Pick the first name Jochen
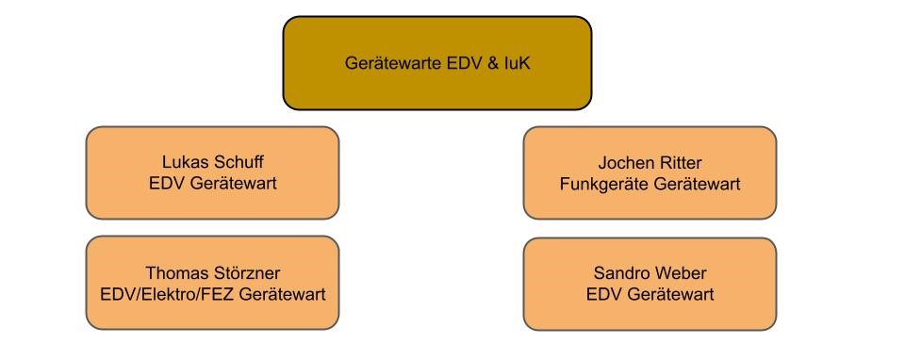(x=623, y=163)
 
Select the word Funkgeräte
(x=601, y=184)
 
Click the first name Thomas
(x=174, y=274)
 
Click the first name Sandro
(x=619, y=274)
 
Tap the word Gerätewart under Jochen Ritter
(x=696, y=184)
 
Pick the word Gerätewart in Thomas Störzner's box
(x=283, y=295)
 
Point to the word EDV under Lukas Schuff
(x=165, y=184)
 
